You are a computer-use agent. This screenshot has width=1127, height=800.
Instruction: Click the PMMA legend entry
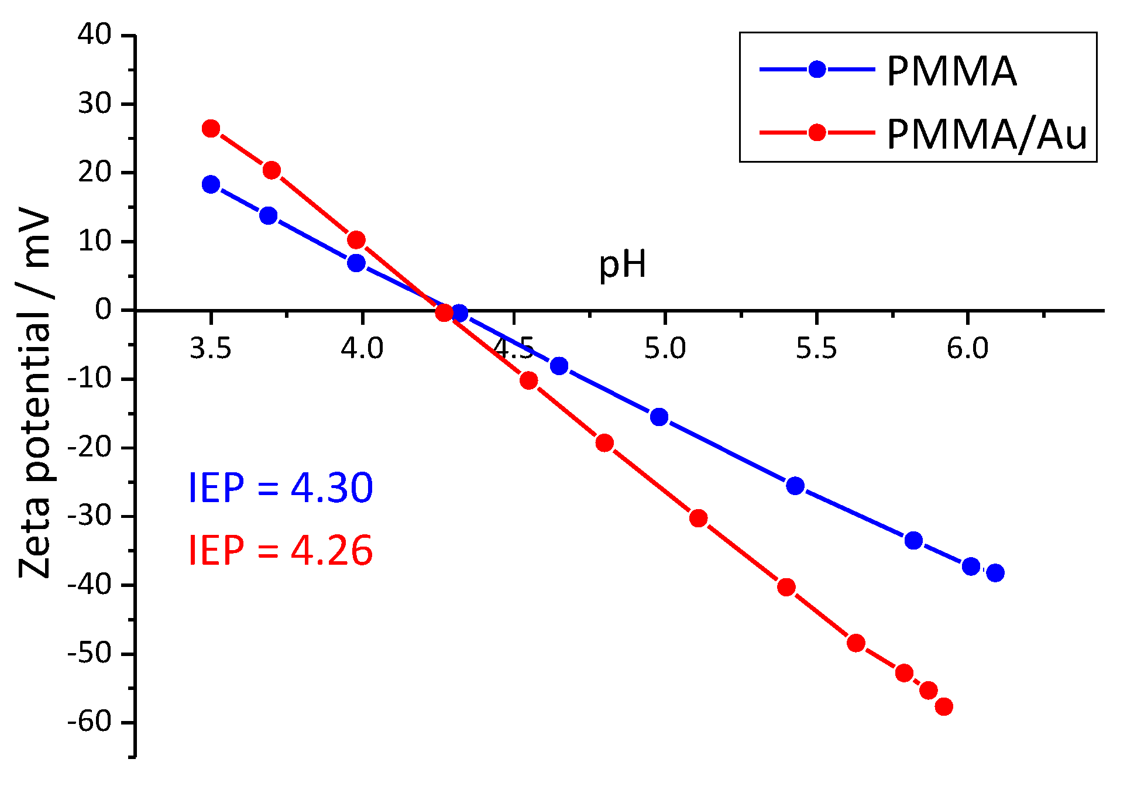pyautogui.click(x=951, y=71)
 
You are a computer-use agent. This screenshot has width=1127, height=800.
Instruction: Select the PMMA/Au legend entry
pyautogui.click(x=986, y=134)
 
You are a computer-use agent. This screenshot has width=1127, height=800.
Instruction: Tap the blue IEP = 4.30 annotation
pyautogui.click(x=280, y=487)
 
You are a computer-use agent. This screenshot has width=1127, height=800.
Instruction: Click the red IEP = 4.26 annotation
pyautogui.click(x=280, y=550)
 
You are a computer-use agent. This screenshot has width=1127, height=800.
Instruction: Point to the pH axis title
pyautogui.click(x=622, y=265)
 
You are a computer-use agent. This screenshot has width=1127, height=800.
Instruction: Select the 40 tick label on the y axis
pyautogui.click(x=94, y=35)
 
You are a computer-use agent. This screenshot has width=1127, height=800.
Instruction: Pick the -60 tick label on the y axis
pyautogui.click(x=89, y=722)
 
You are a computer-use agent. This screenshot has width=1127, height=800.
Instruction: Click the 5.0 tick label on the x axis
pyautogui.click(x=665, y=349)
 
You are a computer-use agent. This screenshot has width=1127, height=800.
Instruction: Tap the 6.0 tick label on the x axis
pyautogui.click(x=967, y=349)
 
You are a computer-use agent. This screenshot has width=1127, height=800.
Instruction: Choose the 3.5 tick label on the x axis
pyautogui.click(x=210, y=349)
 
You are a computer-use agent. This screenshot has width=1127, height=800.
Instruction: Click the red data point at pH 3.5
pyautogui.click(x=211, y=129)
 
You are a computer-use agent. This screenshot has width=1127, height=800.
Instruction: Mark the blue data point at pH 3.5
pyautogui.click(x=211, y=185)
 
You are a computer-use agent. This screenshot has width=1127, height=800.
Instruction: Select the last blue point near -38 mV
pyautogui.click(x=995, y=573)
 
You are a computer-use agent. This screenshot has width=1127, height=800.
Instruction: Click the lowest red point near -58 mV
pyautogui.click(x=944, y=706)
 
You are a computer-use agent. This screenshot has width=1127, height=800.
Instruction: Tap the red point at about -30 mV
pyautogui.click(x=698, y=519)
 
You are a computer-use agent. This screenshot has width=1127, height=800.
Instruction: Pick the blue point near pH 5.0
pyautogui.click(x=659, y=417)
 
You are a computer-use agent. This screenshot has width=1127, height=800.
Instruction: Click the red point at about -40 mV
pyautogui.click(x=786, y=588)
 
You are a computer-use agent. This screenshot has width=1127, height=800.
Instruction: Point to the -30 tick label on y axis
pyautogui.click(x=89, y=516)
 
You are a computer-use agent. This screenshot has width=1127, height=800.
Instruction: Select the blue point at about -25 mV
pyautogui.click(x=795, y=486)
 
